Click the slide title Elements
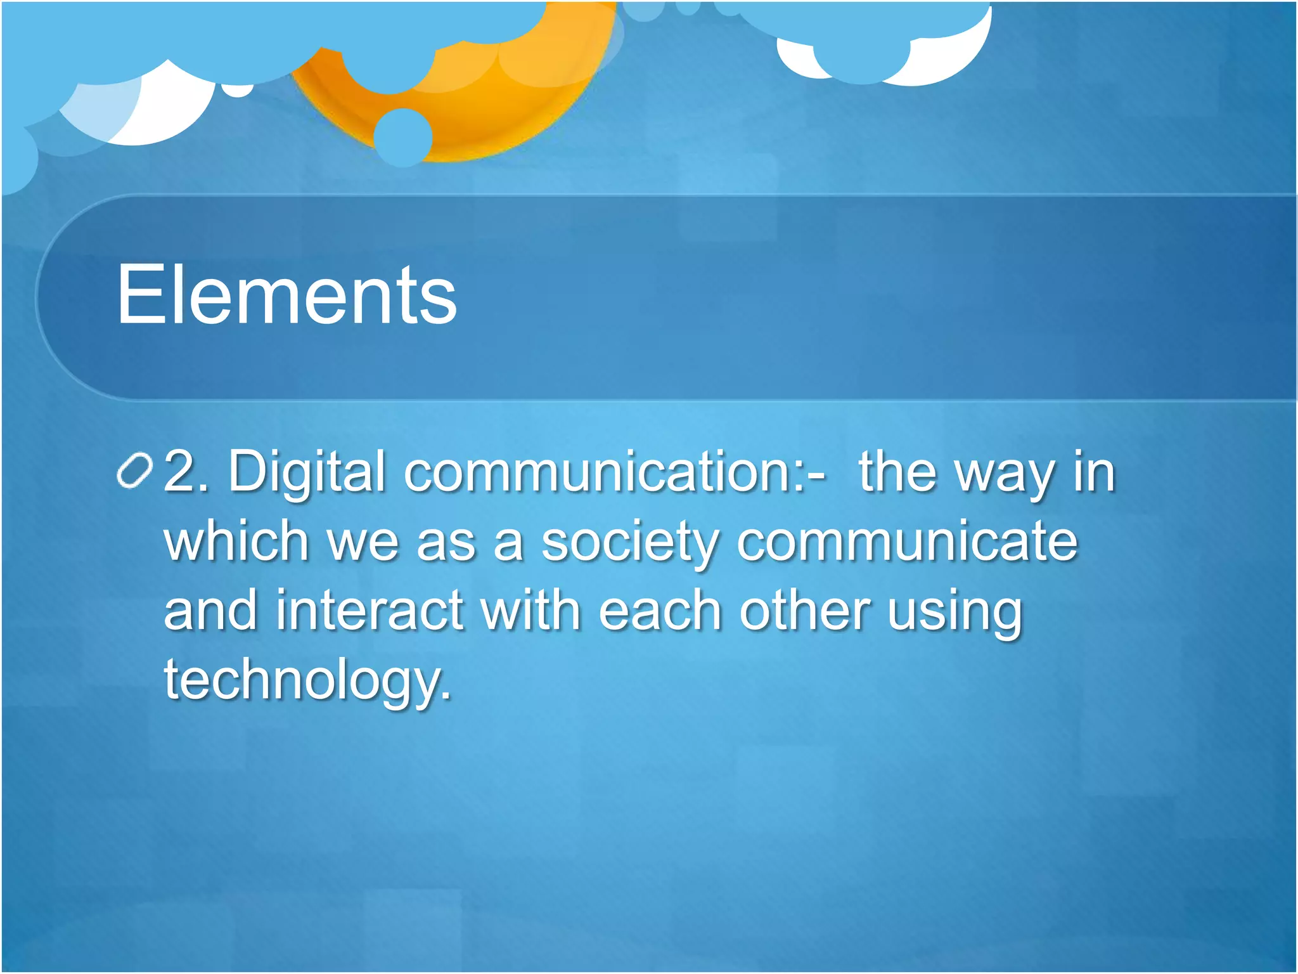point(286,295)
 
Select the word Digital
point(307,473)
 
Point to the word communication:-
point(615,472)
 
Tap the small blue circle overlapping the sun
point(402,136)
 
